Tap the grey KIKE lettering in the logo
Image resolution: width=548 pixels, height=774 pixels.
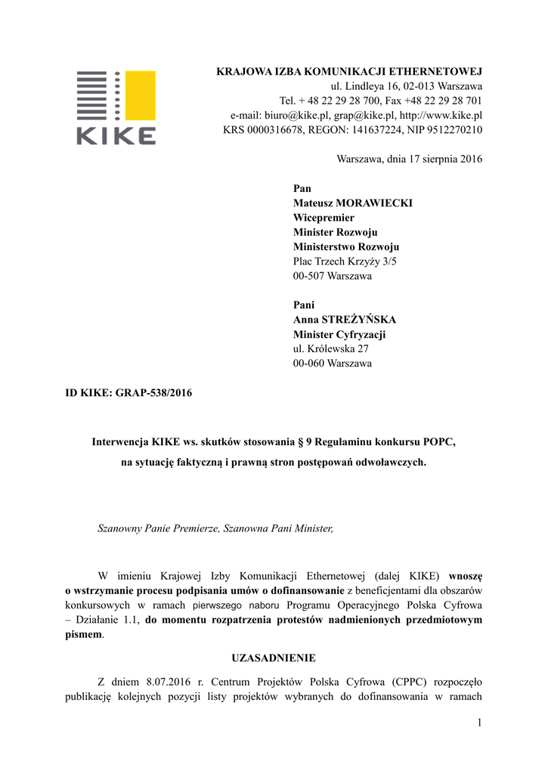pyautogui.click(x=115, y=135)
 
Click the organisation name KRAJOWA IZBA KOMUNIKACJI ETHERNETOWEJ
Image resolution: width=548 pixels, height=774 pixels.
pyautogui.click(x=349, y=72)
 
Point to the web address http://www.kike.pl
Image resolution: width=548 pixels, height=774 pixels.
pyautogui.click(x=441, y=116)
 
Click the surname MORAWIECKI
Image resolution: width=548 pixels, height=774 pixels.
pyautogui.click(x=375, y=203)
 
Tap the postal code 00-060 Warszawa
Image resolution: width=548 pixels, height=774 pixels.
pyautogui.click(x=332, y=364)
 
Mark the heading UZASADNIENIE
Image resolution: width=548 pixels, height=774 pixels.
pyautogui.click(x=274, y=658)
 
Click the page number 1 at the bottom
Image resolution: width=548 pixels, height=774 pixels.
pyautogui.click(x=479, y=723)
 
